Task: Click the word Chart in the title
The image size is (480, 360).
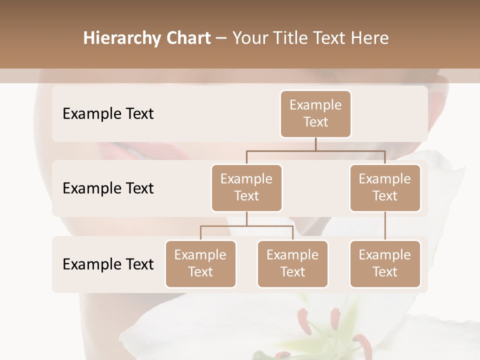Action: (x=189, y=38)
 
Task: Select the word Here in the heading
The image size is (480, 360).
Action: (x=369, y=38)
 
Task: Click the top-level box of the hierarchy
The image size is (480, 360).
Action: (x=315, y=113)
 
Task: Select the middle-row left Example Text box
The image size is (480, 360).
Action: (x=246, y=187)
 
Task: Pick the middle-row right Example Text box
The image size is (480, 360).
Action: (x=385, y=187)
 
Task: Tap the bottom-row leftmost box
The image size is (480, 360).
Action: (x=200, y=263)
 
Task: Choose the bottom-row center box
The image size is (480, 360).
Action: (x=292, y=263)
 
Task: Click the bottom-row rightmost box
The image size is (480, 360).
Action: (x=385, y=263)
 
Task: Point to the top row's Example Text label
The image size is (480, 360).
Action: (x=108, y=113)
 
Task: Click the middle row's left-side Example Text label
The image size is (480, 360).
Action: (x=108, y=188)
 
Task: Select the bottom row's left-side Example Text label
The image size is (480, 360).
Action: (x=108, y=264)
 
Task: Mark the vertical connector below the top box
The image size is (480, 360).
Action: (x=315, y=143)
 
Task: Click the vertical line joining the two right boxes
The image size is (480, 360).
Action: (x=385, y=226)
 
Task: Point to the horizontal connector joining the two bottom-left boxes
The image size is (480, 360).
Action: (x=246, y=226)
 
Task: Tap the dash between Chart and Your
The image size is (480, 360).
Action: (x=221, y=38)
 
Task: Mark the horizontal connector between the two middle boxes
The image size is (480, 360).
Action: (x=315, y=150)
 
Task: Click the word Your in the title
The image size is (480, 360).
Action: (x=250, y=38)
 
